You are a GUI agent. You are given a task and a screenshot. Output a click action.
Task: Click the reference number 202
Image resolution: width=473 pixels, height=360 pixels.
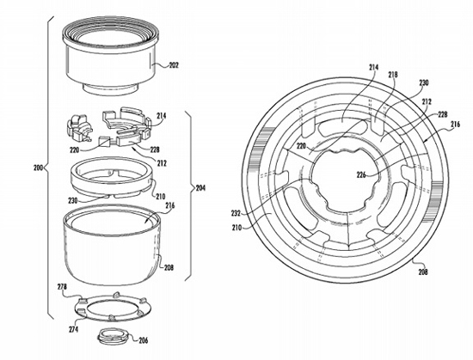tap(174, 64)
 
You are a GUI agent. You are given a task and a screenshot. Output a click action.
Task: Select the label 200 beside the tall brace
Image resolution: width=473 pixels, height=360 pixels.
tap(39, 168)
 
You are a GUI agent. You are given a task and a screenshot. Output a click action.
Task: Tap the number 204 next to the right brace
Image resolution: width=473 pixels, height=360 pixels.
tap(200, 188)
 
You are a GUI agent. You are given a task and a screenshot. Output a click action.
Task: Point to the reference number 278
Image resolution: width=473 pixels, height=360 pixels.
tap(62, 286)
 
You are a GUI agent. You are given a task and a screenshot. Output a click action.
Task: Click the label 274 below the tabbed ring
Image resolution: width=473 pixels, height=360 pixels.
tap(73, 329)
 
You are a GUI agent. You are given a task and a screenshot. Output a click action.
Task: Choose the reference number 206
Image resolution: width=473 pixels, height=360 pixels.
tap(144, 340)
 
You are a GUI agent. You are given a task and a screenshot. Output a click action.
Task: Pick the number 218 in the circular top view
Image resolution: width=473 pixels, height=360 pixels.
tap(392, 75)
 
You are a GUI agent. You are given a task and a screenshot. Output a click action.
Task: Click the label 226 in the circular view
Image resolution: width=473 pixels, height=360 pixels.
tap(361, 174)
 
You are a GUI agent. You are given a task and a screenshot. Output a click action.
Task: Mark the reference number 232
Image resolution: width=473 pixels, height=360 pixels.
tap(236, 213)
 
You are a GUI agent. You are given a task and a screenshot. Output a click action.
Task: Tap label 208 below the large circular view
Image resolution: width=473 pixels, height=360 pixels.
tap(423, 272)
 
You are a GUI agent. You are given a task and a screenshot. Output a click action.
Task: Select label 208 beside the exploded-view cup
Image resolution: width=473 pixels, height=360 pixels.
tap(169, 267)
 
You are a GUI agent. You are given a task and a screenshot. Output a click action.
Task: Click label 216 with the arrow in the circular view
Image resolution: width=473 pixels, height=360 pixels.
tap(456, 124)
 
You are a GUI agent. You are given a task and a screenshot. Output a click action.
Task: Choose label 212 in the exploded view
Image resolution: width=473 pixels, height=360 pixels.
tap(162, 163)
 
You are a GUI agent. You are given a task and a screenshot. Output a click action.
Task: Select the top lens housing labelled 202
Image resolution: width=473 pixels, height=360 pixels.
tap(110, 57)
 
